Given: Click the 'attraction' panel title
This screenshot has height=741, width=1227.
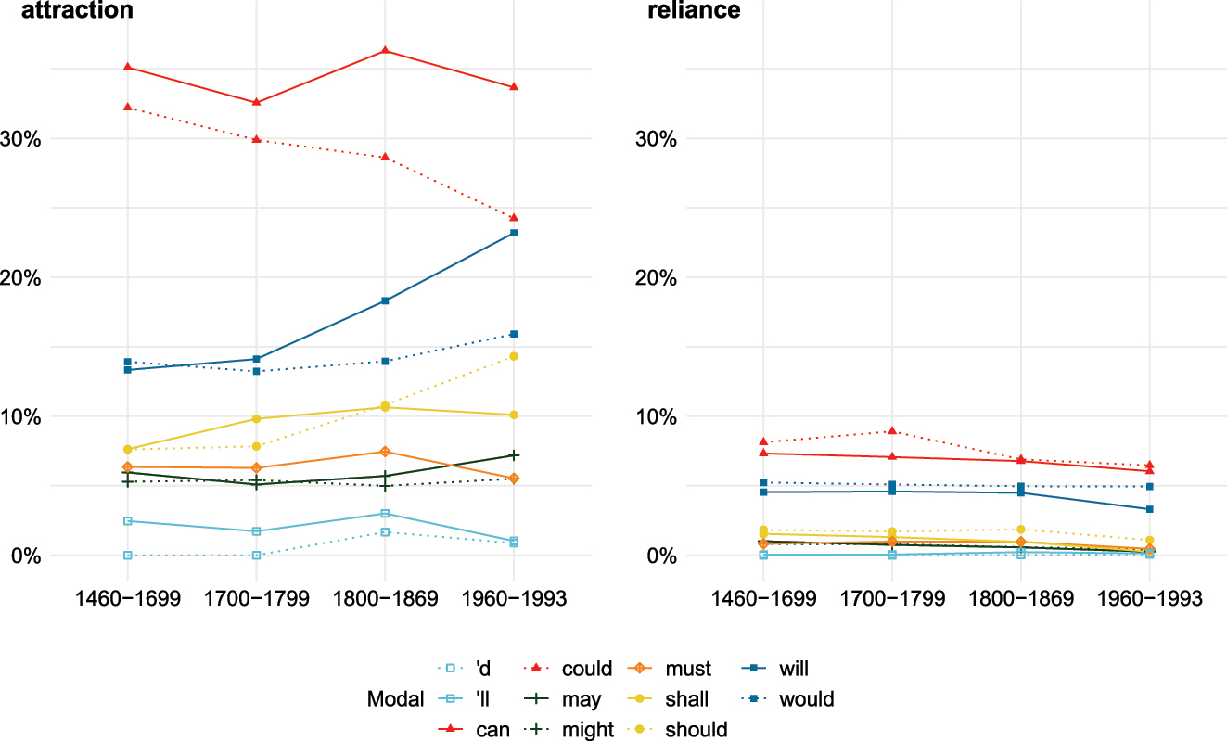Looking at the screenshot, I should tap(78, 11).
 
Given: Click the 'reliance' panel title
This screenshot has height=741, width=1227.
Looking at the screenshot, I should tap(692, 11).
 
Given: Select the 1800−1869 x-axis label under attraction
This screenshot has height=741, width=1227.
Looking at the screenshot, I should tap(385, 599).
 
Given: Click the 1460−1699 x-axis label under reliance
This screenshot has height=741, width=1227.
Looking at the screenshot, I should tap(763, 599).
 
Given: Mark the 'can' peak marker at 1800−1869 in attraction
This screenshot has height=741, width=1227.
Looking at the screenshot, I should tap(385, 50).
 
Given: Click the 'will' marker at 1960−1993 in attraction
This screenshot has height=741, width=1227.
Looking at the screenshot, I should tap(513, 233).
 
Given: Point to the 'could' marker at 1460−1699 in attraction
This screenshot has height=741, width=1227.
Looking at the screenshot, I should tap(127, 108).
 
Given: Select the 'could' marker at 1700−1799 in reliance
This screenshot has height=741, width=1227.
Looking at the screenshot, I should tap(892, 431).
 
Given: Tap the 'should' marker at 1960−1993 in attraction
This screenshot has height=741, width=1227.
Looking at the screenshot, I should tap(513, 356).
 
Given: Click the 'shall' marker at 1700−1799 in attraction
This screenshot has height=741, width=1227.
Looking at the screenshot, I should tap(256, 419).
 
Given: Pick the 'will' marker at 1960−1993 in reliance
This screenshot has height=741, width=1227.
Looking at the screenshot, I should tap(1150, 509).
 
